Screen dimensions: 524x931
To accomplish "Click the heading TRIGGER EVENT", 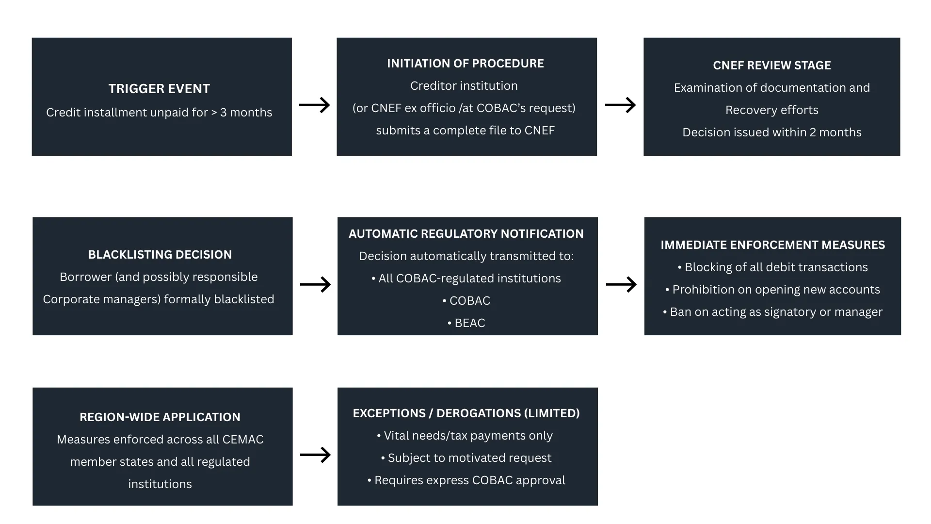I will tap(159, 89).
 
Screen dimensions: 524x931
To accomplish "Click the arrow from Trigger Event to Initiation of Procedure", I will tap(314, 105).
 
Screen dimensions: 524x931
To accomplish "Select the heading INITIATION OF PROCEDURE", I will tap(465, 64).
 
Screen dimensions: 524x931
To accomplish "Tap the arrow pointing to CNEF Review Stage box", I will tap(620, 105).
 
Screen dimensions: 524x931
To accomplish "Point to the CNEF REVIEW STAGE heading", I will tap(771, 65).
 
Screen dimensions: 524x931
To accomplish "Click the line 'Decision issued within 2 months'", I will tap(771, 132).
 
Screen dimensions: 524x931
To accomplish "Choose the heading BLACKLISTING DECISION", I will tap(160, 255).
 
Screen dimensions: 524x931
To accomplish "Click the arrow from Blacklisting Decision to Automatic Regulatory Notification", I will tap(315, 284).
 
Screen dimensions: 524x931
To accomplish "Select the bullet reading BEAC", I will tap(466, 323).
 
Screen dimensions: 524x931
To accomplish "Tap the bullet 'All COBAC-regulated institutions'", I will tap(466, 278).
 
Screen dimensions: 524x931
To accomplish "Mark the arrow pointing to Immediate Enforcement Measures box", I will tap(621, 284).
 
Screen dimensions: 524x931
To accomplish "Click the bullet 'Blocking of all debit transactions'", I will tap(772, 267).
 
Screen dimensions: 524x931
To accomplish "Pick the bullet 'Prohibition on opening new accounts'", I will tap(772, 290).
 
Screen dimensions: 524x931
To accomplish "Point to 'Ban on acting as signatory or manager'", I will tap(772, 312).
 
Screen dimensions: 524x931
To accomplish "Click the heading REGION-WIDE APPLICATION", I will tap(160, 417).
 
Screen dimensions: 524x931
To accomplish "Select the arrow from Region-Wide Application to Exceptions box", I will tap(315, 455).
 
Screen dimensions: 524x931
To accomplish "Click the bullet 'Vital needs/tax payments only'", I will tap(465, 436).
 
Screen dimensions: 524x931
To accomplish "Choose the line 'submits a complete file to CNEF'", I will tap(465, 131).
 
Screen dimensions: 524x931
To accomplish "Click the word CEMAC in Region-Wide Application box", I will tap(242, 440).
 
